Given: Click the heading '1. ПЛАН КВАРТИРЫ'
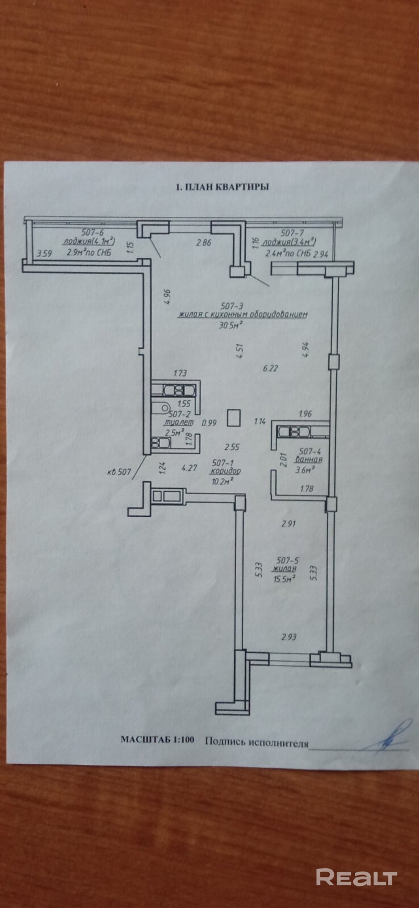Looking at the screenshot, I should click(x=222, y=186).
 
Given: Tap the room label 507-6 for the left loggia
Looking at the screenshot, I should click(x=92, y=232).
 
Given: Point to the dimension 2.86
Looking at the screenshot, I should click(x=203, y=243).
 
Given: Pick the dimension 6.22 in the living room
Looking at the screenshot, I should click(x=271, y=368).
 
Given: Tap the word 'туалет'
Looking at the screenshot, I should click(x=178, y=422).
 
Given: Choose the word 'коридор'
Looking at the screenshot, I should click(x=225, y=471).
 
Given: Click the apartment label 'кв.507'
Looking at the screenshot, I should click(x=119, y=471).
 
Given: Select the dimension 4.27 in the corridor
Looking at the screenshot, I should click(x=188, y=468).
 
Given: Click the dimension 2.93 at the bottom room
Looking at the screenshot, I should click(x=289, y=637).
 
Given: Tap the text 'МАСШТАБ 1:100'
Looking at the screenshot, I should click(x=157, y=740).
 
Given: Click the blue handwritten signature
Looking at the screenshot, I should click(x=392, y=736).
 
